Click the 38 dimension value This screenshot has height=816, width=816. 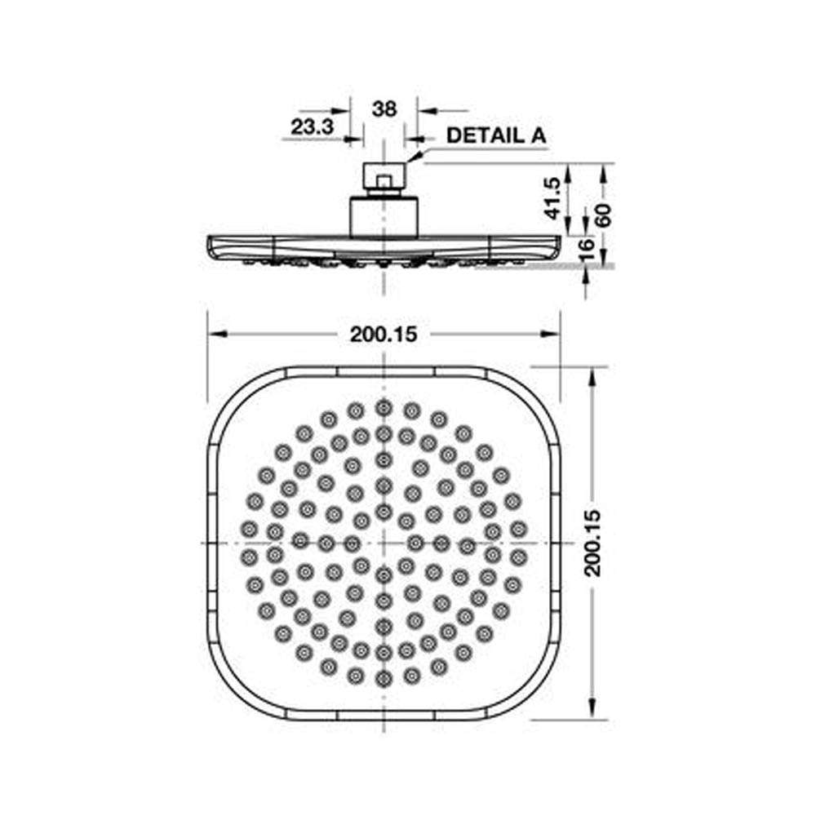coord(384,109)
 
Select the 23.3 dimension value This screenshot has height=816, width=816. coord(313,126)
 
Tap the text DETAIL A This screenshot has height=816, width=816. coord(496,135)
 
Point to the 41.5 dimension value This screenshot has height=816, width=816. coord(552,198)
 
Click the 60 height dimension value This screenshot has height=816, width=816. coord(603,215)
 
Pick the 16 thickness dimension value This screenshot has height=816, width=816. coord(587,251)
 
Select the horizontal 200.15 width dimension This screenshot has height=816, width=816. coord(384,334)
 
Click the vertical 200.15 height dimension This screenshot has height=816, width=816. coord(592,543)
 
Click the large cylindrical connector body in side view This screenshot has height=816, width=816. coord(384,217)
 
